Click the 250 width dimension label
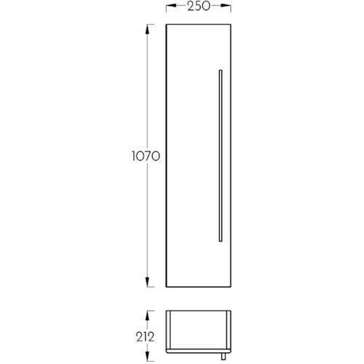(199, 7)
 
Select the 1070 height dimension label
(146, 156)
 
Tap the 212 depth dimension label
(145, 337)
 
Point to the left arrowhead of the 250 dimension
(171, 6)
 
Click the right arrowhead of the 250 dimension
(226, 6)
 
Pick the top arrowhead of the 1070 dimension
(147, 29)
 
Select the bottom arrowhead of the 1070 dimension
(147, 282)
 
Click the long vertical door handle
(221, 156)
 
